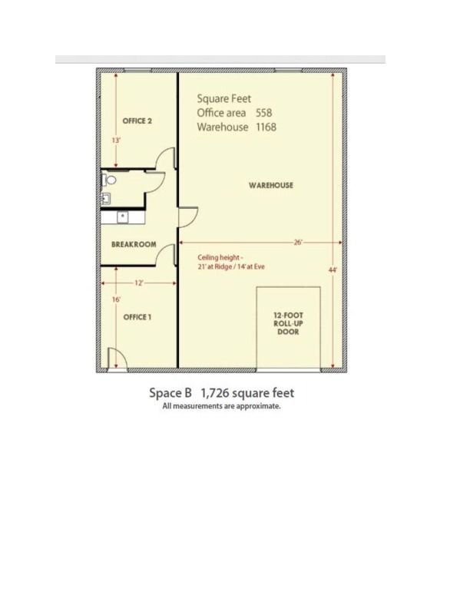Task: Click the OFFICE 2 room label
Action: [137, 121]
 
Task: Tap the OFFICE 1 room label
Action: [137, 317]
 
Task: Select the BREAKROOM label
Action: [134, 244]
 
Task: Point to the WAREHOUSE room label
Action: [270, 185]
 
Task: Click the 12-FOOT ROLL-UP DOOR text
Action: [288, 323]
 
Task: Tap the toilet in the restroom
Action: [109, 180]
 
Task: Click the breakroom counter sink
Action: [123, 217]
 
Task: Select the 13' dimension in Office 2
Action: [116, 140]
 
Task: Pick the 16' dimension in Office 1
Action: [116, 299]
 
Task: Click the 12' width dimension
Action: [139, 283]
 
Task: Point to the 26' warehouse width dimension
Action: [298, 243]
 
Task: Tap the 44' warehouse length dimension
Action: [333, 270]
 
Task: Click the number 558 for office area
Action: [263, 113]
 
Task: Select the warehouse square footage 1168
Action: [266, 127]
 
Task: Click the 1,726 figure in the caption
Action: [215, 393]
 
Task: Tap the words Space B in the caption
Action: [170, 393]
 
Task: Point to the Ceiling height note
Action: [231, 262]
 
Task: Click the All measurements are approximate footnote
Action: [221, 406]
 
